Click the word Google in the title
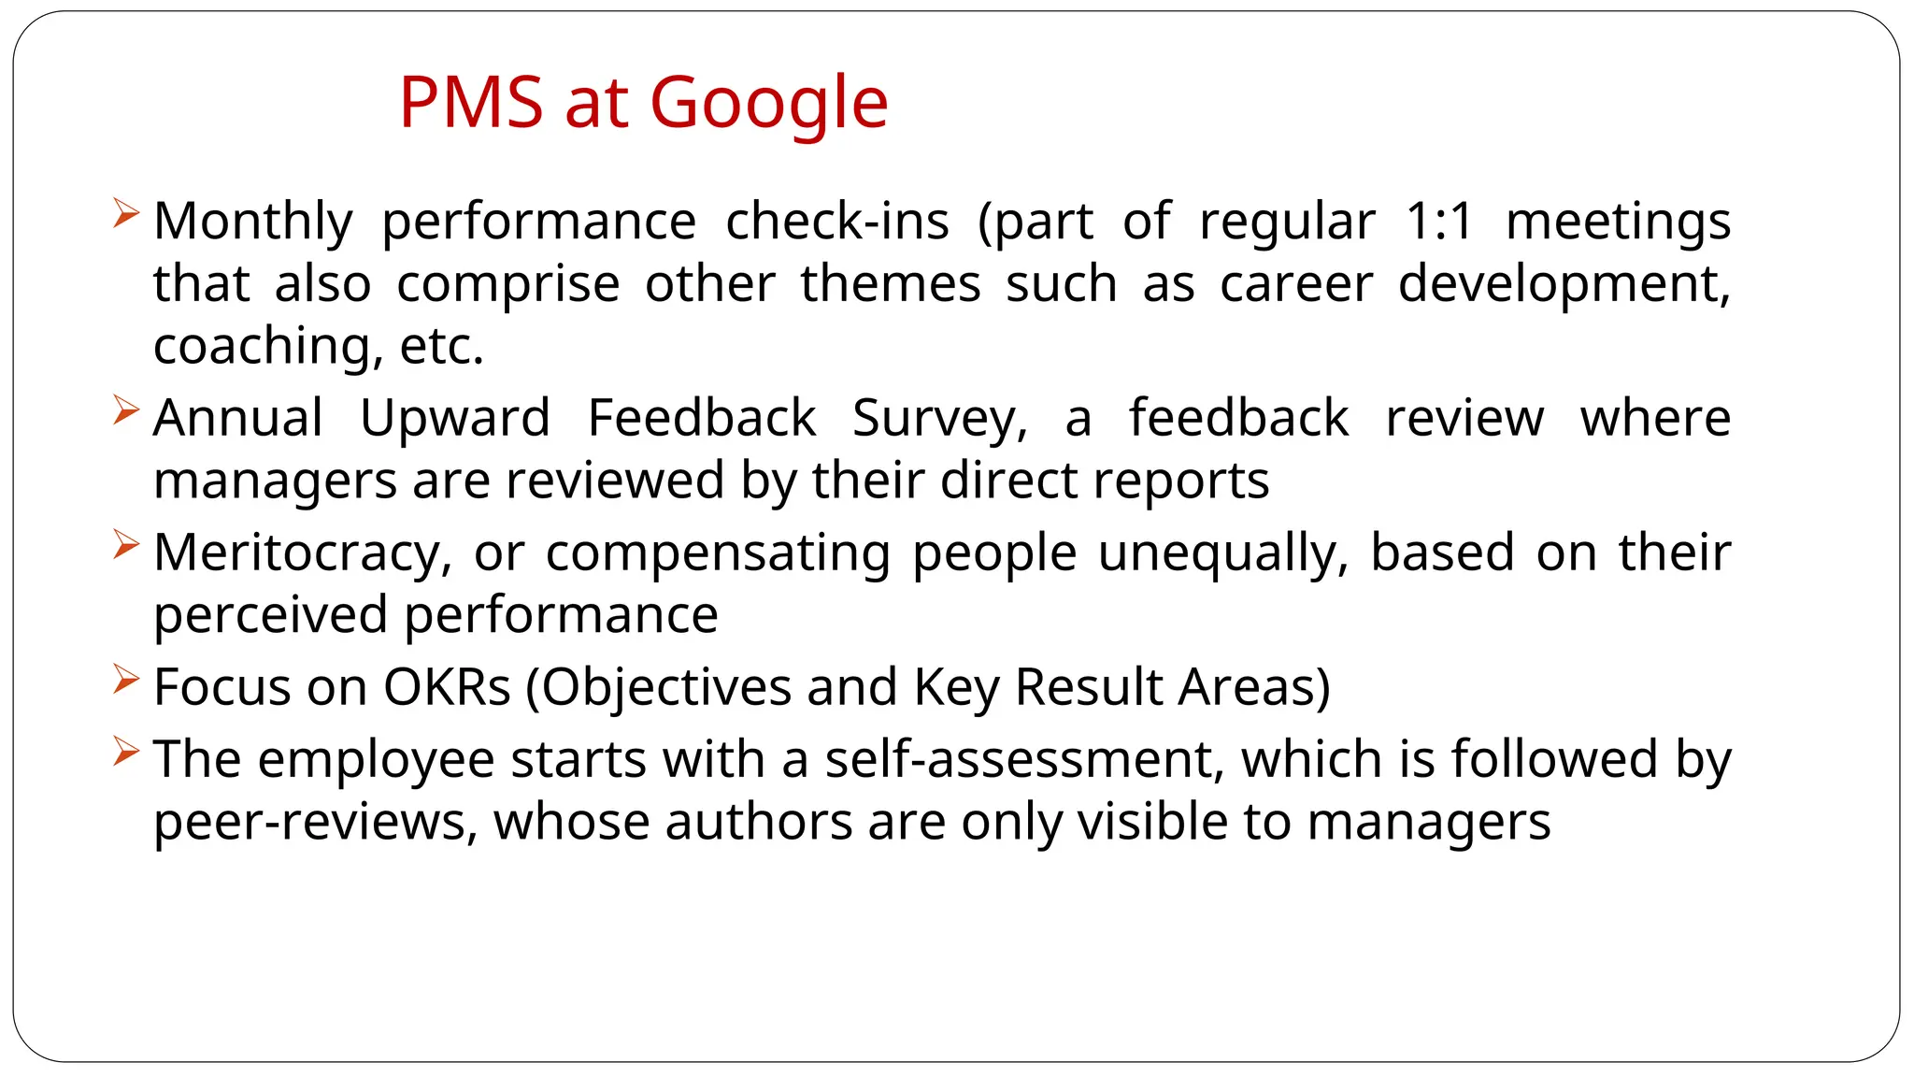tap(768, 103)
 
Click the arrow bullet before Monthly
tap(125, 213)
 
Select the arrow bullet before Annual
tap(125, 409)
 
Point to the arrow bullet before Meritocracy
tap(125, 544)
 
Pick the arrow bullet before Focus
tap(125, 679)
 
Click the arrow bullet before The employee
tap(125, 751)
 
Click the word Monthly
tap(253, 223)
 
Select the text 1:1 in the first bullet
tap(1439, 223)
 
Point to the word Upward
tap(455, 418)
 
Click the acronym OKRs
tap(447, 687)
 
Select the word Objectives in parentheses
tap(666, 689)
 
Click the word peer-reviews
tap(316, 823)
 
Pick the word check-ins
tap(837, 223)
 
